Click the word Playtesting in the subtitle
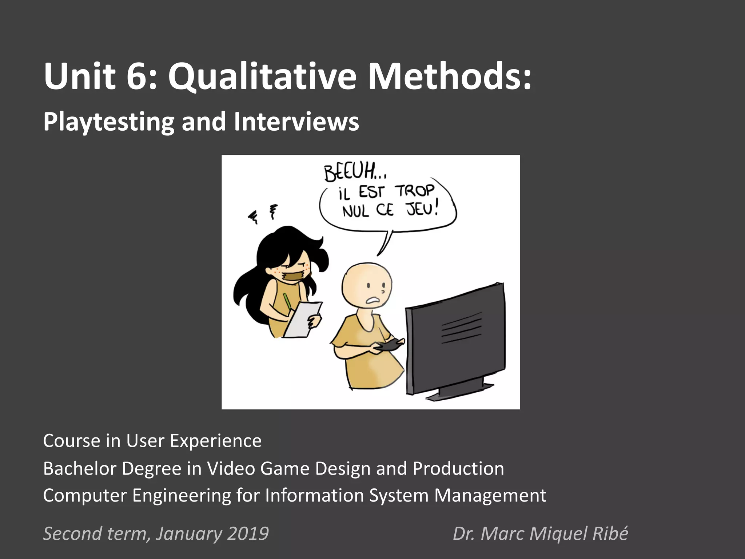[x=108, y=122]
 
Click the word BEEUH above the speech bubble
[x=350, y=173]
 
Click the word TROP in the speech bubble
[x=415, y=191]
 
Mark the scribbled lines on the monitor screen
[x=461, y=328]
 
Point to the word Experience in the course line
[x=216, y=441]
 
